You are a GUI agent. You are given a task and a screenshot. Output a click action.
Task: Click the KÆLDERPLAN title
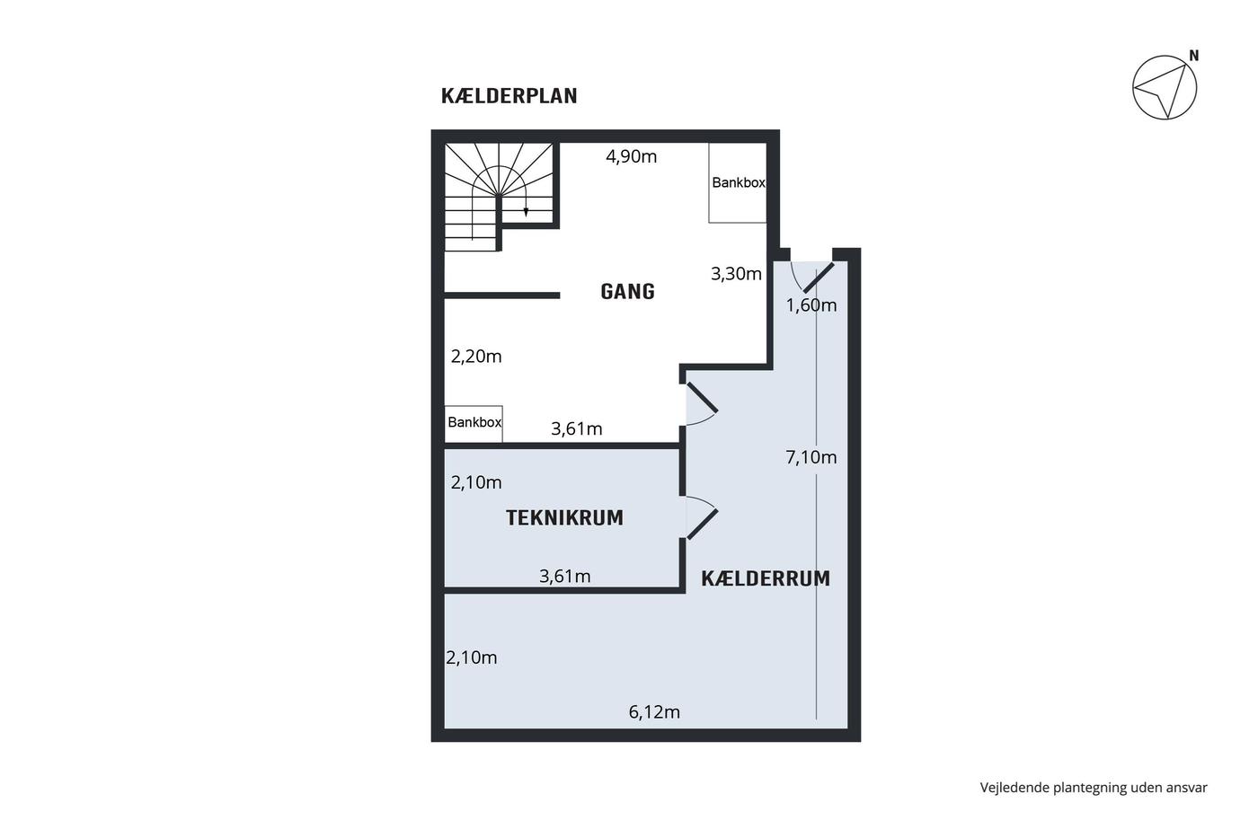pyautogui.click(x=509, y=96)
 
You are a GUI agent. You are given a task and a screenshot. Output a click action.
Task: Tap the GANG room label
pyautogui.click(x=627, y=291)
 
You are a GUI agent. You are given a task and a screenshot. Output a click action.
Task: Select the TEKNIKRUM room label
pyautogui.click(x=564, y=517)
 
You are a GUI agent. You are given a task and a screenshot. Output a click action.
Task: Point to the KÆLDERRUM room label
pyautogui.click(x=766, y=578)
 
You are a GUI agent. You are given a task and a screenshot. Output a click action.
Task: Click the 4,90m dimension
pyautogui.click(x=631, y=156)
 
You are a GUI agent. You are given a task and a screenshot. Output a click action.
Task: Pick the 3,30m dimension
pyautogui.click(x=736, y=273)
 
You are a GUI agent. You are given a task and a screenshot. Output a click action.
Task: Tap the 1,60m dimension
pyautogui.click(x=811, y=304)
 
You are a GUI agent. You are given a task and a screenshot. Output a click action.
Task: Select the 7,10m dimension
pyautogui.click(x=811, y=457)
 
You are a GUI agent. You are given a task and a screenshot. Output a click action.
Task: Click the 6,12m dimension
pyautogui.click(x=654, y=711)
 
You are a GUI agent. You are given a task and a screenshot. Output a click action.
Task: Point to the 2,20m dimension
pyautogui.click(x=476, y=356)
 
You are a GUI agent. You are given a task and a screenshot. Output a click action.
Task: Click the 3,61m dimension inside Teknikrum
pyautogui.click(x=565, y=576)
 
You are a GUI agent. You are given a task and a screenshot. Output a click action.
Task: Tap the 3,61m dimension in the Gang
pyautogui.click(x=577, y=428)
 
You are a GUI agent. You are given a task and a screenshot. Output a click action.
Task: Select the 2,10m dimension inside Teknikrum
pyautogui.click(x=476, y=482)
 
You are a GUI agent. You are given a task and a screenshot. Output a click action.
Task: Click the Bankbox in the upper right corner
pyautogui.click(x=738, y=182)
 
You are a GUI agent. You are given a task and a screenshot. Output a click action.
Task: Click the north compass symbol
pyautogui.click(x=1165, y=87)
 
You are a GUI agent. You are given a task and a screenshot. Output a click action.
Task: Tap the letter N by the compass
pyautogui.click(x=1194, y=56)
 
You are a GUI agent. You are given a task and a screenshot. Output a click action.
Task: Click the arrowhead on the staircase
pyautogui.click(x=526, y=212)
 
